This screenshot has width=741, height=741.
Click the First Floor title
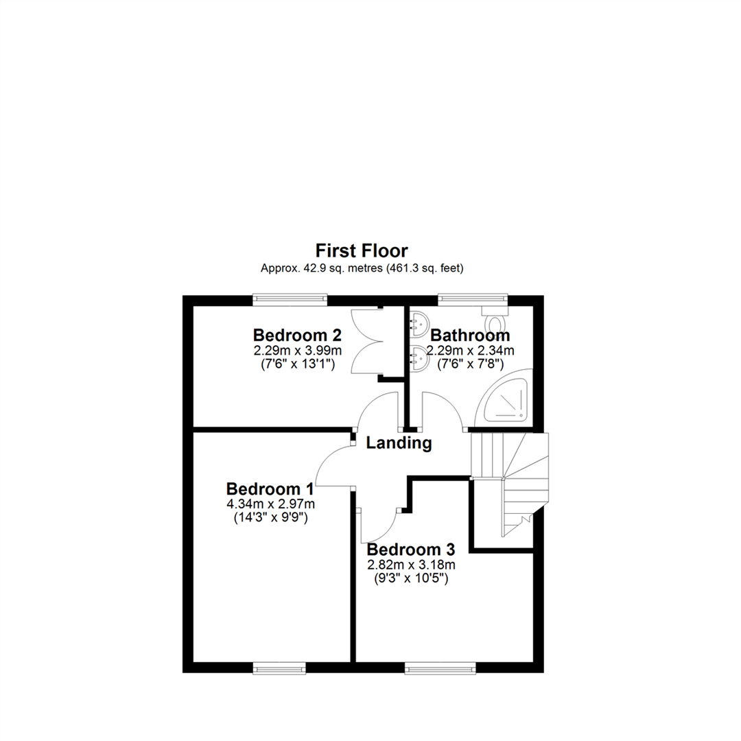[362, 250]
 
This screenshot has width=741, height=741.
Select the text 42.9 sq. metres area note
[362, 268]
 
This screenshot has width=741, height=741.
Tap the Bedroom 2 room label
[297, 335]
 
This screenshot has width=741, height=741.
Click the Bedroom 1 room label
[270, 489]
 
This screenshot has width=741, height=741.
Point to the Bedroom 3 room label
[411, 550]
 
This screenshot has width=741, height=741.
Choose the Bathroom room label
[470, 335]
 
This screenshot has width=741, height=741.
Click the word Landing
[399, 443]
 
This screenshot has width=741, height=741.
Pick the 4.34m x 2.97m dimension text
[271, 504]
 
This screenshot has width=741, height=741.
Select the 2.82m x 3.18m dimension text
[411, 565]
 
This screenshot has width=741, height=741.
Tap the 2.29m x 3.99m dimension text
[298, 351]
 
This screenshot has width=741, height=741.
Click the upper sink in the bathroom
[419, 325]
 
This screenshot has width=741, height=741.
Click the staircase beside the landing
[509, 484]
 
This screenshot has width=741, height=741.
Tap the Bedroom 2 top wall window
[290, 298]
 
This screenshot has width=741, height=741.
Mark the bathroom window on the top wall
[473, 298]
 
